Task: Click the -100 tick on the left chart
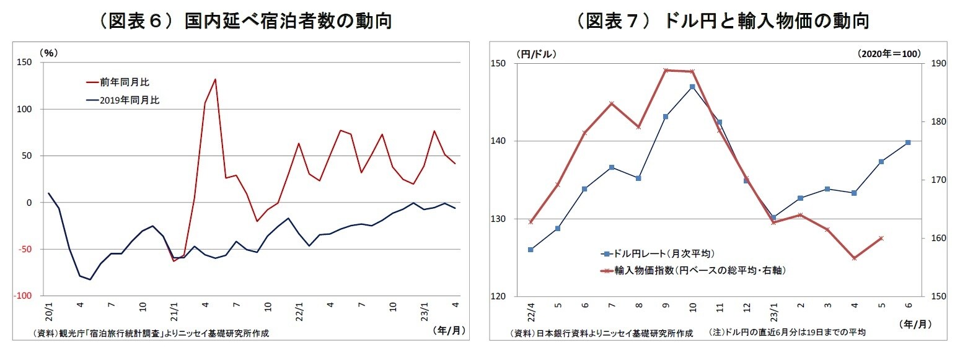24,296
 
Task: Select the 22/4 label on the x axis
531,309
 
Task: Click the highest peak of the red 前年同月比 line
215,79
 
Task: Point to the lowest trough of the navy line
90,279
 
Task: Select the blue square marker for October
692,87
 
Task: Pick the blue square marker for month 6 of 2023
908,143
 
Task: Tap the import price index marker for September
666,71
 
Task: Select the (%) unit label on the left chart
48,53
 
